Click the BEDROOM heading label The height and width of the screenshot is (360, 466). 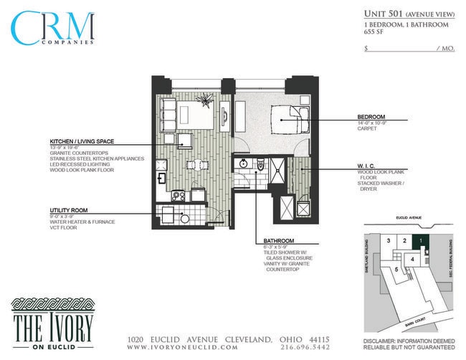click(371, 117)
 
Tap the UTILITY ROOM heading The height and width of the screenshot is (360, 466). click(69, 210)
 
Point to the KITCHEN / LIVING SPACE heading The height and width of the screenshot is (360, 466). click(82, 141)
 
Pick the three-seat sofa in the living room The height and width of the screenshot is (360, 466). click(169, 115)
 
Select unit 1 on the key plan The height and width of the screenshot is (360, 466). click(422, 240)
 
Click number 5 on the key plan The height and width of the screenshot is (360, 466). click(396, 269)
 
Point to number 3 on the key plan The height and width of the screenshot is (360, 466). click(388, 240)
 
